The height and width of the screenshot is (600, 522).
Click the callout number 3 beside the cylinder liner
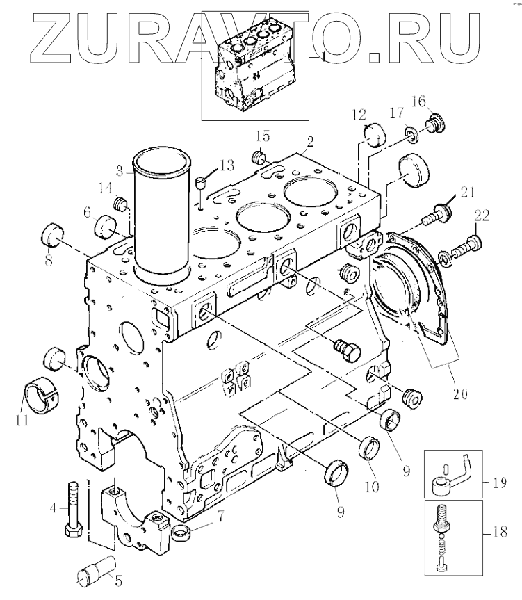120,170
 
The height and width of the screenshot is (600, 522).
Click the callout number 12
358,114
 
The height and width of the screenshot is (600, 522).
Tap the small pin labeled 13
202,184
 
